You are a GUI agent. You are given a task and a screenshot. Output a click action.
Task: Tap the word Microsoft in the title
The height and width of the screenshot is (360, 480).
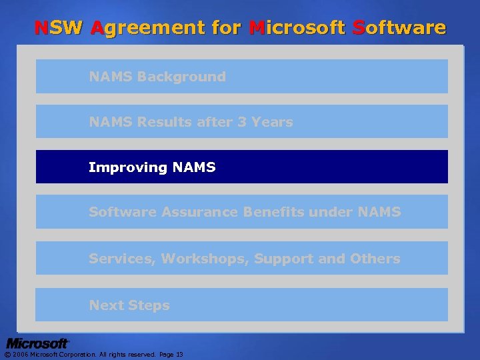point(296,28)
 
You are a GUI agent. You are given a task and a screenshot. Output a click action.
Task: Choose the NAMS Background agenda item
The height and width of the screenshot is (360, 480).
point(157,77)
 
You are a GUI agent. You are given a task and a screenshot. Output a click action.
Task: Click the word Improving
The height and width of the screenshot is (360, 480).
point(127,167)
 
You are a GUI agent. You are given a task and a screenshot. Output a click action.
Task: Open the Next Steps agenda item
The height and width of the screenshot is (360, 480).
point(129,305)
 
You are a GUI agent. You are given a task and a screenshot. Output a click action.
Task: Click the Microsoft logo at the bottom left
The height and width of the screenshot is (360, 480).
point(37,343)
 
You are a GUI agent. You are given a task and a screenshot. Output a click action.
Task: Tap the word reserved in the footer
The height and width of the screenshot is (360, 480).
point(139,355)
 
